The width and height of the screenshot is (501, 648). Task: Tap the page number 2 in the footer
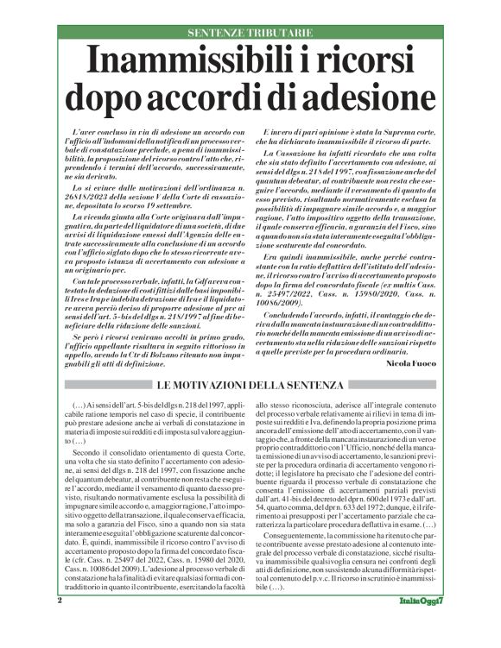[60, 623]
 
